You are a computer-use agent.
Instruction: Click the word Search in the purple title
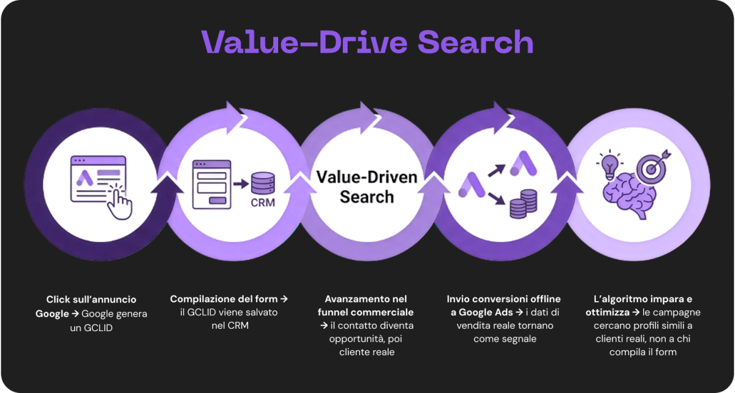475,42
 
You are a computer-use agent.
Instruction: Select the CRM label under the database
263,203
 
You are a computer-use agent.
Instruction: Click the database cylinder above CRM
263,184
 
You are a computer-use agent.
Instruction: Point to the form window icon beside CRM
212,184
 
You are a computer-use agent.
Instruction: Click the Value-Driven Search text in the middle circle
367,187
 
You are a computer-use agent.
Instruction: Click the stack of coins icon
523,204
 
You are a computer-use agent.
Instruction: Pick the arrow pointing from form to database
241,184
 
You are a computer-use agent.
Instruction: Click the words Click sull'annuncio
91,299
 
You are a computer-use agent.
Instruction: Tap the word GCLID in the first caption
98,327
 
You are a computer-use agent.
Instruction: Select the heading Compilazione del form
224,299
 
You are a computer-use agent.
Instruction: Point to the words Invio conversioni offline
503,299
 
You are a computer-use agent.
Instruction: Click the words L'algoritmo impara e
643,299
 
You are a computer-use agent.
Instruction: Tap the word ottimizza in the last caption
608,312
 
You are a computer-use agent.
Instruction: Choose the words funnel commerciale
366,312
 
